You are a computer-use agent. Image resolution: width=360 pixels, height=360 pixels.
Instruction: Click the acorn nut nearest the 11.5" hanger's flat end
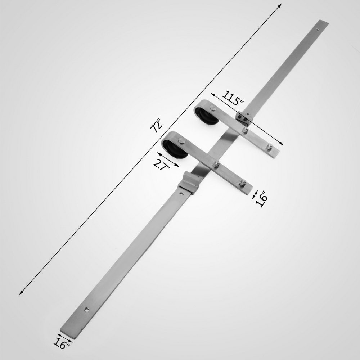click(x=269, y=147)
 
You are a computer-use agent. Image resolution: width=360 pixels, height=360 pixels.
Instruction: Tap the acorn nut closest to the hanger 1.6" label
click(x=243, y=183)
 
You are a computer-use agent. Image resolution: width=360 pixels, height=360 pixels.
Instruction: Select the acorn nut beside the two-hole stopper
click(x=245, y=130)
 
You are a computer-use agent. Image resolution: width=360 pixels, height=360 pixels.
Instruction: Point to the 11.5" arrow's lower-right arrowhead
click(x=283, y=144)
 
